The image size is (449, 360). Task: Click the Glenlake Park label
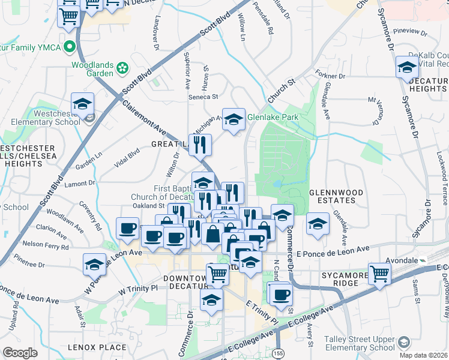point(273,118)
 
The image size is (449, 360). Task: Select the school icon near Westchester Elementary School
point(82,104)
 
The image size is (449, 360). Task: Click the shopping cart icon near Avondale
point(380,274)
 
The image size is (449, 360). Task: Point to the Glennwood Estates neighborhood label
point(336,196)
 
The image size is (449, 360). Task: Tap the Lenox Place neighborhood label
point(97,347)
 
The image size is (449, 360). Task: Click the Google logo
point(20,352)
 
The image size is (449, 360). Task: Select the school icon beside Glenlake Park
point(234,119)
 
